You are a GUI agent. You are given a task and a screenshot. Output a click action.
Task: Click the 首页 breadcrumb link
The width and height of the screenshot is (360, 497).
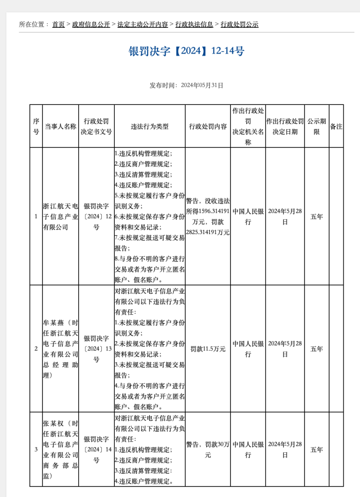point(58,24)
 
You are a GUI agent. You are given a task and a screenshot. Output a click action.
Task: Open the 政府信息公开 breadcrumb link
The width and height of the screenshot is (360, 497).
point(91,24)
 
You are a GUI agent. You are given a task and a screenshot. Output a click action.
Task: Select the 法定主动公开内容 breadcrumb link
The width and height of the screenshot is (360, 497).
point(142,24)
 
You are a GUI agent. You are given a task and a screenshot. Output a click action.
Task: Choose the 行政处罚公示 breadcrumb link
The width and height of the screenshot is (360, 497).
point(239,24)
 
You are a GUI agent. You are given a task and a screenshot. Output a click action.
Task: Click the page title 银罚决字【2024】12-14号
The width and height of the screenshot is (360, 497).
point(186,51)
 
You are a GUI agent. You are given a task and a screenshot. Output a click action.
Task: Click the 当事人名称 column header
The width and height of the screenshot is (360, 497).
point(60,127)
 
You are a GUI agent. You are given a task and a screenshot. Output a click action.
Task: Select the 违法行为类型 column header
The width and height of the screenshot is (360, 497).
point(149,127)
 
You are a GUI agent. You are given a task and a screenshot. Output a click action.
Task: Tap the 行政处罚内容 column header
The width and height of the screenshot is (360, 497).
point(208,127)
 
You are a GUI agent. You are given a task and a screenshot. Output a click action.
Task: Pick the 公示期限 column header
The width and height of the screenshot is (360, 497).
point(317,127)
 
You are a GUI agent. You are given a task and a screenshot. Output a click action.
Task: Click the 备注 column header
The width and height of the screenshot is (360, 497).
point(336,127)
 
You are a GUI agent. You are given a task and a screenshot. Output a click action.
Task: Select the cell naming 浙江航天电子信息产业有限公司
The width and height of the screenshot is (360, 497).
point(60,217)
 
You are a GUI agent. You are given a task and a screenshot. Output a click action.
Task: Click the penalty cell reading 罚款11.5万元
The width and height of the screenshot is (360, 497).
point(208,349)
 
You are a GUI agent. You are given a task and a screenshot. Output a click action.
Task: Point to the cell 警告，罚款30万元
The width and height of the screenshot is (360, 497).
point(208,449)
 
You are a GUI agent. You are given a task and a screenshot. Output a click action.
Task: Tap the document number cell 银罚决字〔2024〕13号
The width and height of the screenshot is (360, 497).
point(96,349)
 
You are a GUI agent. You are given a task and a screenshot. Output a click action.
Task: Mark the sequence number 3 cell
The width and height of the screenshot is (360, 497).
point(36,449)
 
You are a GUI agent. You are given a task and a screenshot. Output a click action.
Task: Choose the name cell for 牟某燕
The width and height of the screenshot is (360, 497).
point(60,349)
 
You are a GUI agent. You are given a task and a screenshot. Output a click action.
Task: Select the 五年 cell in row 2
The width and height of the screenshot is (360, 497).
point(317,349)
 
